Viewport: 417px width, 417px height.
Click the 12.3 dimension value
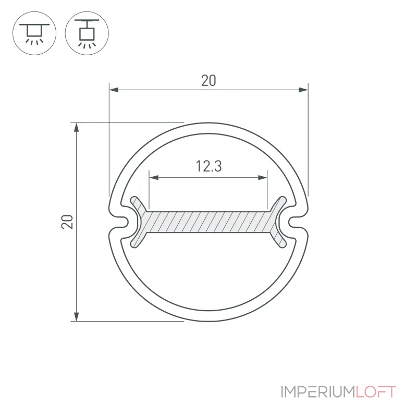point(208,166)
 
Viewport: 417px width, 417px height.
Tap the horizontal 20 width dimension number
point(208,81)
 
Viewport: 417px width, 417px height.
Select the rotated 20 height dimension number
point(67,222)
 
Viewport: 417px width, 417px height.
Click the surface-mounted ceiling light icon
point(34,33)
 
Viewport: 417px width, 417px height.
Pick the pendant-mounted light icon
point(87,33)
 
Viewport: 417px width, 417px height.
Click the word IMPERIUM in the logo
point(318,392)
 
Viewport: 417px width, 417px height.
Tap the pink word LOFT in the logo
point(376,392)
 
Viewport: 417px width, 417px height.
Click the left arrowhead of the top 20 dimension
point(114,90)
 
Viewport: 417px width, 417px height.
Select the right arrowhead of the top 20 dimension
point(303,90)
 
